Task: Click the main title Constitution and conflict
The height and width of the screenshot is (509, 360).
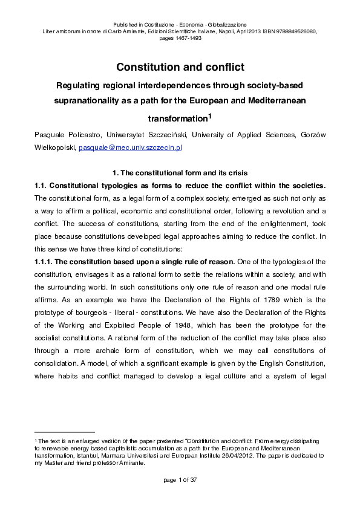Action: [180, 66]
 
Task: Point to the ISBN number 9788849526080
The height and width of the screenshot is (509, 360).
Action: [295, 30]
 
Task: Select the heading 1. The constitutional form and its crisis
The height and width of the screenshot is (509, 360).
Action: [180, 173]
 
